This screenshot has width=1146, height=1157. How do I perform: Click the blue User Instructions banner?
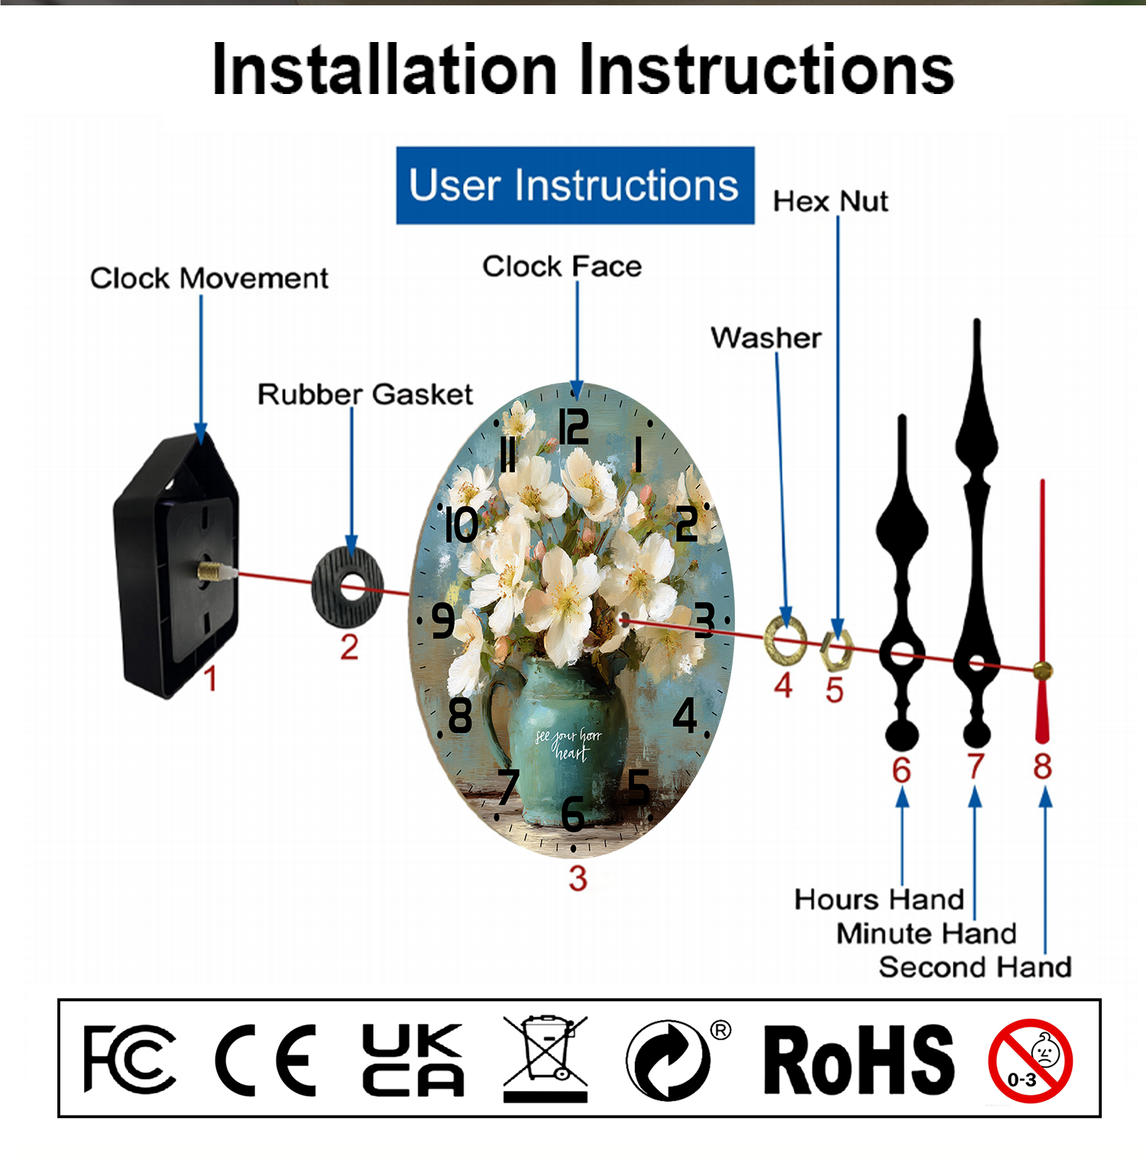(x=575, y=186)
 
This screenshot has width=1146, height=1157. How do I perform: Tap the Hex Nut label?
(x=830, y=202)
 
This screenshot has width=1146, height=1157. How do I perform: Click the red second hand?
(x=1042, y=611)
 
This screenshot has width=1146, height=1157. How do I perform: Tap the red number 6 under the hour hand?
(x=902, y=770)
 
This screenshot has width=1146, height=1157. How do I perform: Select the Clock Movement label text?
(x=209, y=278)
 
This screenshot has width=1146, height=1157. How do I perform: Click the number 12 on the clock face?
(x=573, y=426)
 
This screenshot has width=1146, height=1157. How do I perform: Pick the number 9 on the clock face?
(x=443, y=621)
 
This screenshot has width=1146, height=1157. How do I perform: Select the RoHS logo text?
(x=859, y=1060)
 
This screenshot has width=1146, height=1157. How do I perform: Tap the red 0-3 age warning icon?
(x=1030, y=1061)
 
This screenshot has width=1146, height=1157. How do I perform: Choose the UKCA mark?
(x=413, y=1059)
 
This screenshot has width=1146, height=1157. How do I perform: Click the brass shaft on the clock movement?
(x=214, y=571)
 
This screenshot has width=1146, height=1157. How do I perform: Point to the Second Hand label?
(x=975, y=967)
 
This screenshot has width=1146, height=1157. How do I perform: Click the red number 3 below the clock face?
(x=578, y=879)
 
